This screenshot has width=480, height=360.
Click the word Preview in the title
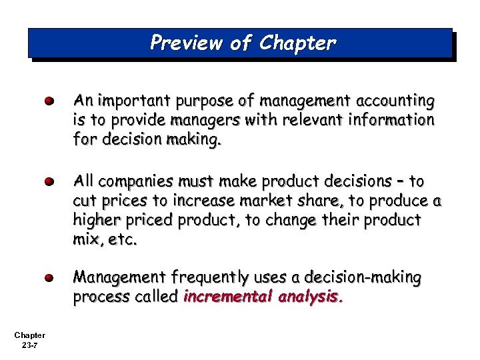click(186, 43)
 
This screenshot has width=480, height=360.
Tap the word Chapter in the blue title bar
click(298, 43)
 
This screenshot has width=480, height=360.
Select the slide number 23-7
click(29, 345)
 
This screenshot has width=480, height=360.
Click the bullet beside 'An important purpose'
click(49, 102)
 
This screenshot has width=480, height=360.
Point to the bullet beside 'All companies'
click(49, 181)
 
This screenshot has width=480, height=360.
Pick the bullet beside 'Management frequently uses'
click(49, 277)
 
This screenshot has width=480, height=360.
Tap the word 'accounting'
click(396, 101)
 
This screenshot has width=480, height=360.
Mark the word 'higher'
click(96, 220)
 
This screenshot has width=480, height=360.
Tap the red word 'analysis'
click(311, 297)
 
